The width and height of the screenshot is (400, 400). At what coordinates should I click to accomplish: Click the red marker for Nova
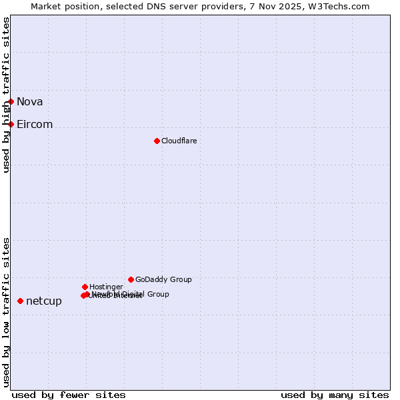tap(11, 101)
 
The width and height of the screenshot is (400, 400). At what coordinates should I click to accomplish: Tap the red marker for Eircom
tap(11, 124)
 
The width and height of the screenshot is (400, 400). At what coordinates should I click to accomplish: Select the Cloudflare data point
tap(157, 141)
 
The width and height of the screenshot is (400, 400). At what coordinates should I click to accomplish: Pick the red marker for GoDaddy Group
tap(131, 279)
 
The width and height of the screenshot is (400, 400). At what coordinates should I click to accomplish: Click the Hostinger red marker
tap(85, 287)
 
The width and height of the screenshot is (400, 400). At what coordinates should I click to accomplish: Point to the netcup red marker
tap(21, 301)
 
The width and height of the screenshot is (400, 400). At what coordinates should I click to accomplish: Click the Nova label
tap(30, 101)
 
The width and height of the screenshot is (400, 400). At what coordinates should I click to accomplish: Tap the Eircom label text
tap(35, 124)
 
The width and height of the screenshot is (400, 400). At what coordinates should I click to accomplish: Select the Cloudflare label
tap(179, 141)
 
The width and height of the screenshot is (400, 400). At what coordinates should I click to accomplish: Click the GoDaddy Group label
tap(163, 279)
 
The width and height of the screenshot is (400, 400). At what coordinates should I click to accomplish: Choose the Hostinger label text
tap(106, 287)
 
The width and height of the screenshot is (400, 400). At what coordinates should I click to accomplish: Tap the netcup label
tap(44, 301)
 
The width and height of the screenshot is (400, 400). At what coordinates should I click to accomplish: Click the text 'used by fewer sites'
tap(69, 395)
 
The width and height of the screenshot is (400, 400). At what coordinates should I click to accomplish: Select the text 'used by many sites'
tap(335, 395)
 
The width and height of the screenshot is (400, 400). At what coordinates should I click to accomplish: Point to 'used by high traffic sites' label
tap(7, 95)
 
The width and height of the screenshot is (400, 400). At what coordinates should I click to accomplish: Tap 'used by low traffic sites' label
tap(7, 311)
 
